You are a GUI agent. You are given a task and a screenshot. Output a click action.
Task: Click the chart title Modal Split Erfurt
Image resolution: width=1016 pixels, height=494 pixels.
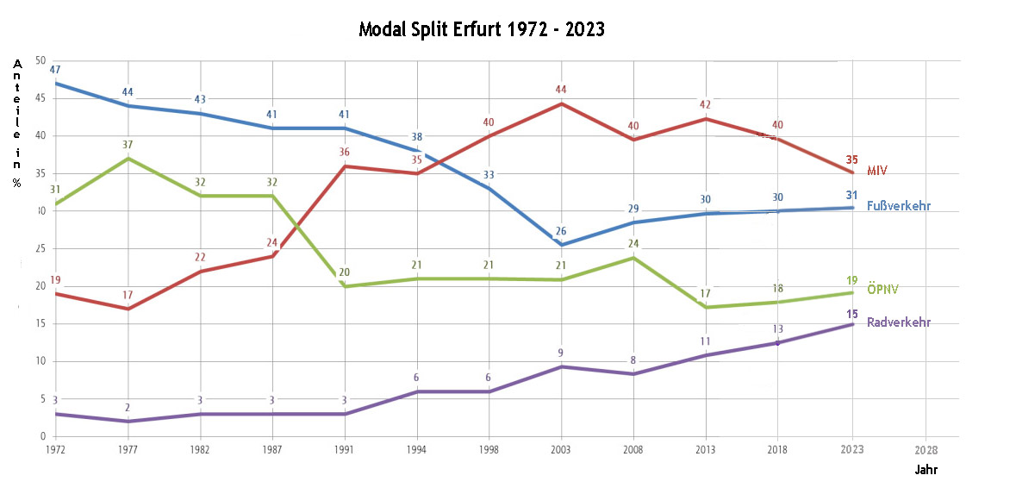click(x=482, y=29)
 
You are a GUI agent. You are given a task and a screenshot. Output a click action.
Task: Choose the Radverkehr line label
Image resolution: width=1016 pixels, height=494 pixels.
click(x=899, y=322)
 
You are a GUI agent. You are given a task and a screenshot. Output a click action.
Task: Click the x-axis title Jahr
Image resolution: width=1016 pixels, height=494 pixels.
click(x=926, y=471)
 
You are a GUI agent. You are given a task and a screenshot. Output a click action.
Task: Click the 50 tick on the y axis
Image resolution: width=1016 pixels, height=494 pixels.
click(x=40, y=60)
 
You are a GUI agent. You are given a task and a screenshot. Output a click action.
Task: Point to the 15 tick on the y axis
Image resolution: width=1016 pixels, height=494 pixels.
click(x=40, y=323)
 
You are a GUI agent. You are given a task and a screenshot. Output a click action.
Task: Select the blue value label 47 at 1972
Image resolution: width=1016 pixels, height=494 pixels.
click(x=55, y=69)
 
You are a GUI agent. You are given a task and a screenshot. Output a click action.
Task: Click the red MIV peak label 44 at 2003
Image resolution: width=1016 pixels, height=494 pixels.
click(x=561, y=89)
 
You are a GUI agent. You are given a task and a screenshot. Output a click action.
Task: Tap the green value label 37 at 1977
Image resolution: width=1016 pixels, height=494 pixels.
click(x=128, y=144)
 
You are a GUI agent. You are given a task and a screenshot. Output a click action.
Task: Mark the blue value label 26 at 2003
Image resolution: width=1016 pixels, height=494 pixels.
click(x=561, y=231)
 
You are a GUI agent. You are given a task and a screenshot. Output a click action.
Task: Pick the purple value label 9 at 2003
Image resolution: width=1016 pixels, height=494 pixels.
click(x=561, y=353)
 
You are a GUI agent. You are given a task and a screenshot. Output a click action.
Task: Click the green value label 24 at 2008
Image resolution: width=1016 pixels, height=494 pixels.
click(x=633, y=243)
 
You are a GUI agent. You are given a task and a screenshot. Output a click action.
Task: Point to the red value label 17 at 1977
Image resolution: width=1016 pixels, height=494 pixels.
click(x=128, y=295)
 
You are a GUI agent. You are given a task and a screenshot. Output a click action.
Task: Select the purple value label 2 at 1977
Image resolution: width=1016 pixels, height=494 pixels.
click(x=128, y=408)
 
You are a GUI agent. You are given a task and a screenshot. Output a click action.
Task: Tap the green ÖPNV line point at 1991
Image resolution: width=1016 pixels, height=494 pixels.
click(x=345, y=286)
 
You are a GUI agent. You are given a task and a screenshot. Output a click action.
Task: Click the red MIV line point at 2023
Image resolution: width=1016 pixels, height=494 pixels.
click(x=852, y=172)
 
